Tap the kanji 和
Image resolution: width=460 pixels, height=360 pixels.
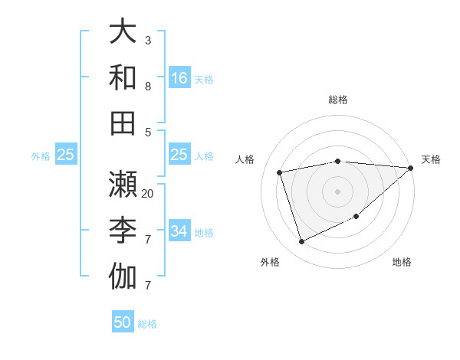click(123, 77)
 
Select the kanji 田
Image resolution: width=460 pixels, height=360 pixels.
click(123, 123)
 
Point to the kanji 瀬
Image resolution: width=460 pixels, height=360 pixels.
click(123, 184)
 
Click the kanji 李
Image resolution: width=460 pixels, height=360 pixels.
click(123, 230)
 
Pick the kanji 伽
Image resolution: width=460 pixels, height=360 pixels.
click(123, 276)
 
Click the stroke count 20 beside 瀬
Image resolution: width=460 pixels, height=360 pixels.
click(148, 193)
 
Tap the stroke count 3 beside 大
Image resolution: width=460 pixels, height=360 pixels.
click(148, 40)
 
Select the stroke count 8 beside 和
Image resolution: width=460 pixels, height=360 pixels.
click(148, 86)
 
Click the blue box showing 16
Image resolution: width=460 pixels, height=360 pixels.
click(179, 78)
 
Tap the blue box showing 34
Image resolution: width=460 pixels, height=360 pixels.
click(179, 231)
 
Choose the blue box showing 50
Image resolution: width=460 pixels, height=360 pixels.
click(123, 322)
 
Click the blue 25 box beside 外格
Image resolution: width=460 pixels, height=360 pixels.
click(66, 155)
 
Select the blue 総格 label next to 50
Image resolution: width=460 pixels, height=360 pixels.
click(148, 324)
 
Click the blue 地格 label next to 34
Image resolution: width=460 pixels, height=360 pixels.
click(205, 233)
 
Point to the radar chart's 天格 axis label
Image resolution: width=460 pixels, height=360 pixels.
click(431, 159)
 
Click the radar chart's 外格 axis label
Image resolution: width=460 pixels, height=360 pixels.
click(270, 262)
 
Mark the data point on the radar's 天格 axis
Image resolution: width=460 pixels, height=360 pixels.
click(411, 169)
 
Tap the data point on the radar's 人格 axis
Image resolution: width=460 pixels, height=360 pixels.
click(280, 172)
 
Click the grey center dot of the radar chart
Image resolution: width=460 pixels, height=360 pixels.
click(337, 191)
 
